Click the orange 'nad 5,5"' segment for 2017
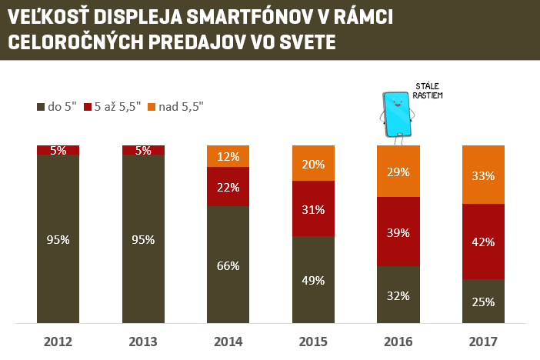coord(483,174)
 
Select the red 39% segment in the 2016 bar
coord(398,231)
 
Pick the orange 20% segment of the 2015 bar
coord(313,163)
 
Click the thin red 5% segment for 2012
coord(58,150)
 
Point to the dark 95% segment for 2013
coord(143,238)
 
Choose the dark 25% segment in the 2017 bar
coord(483,301)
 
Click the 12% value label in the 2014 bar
coord(228,156)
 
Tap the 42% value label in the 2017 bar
coord(483,242)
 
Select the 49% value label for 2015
coord(313,280)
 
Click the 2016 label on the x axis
coord(398,342)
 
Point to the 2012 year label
coord(58,342)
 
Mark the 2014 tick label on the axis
coord(228,342)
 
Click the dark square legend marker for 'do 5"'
coord(41,107)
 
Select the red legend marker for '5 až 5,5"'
coord(88,107)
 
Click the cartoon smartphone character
coord(397,114)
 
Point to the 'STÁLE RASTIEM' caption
coord(428,91)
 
